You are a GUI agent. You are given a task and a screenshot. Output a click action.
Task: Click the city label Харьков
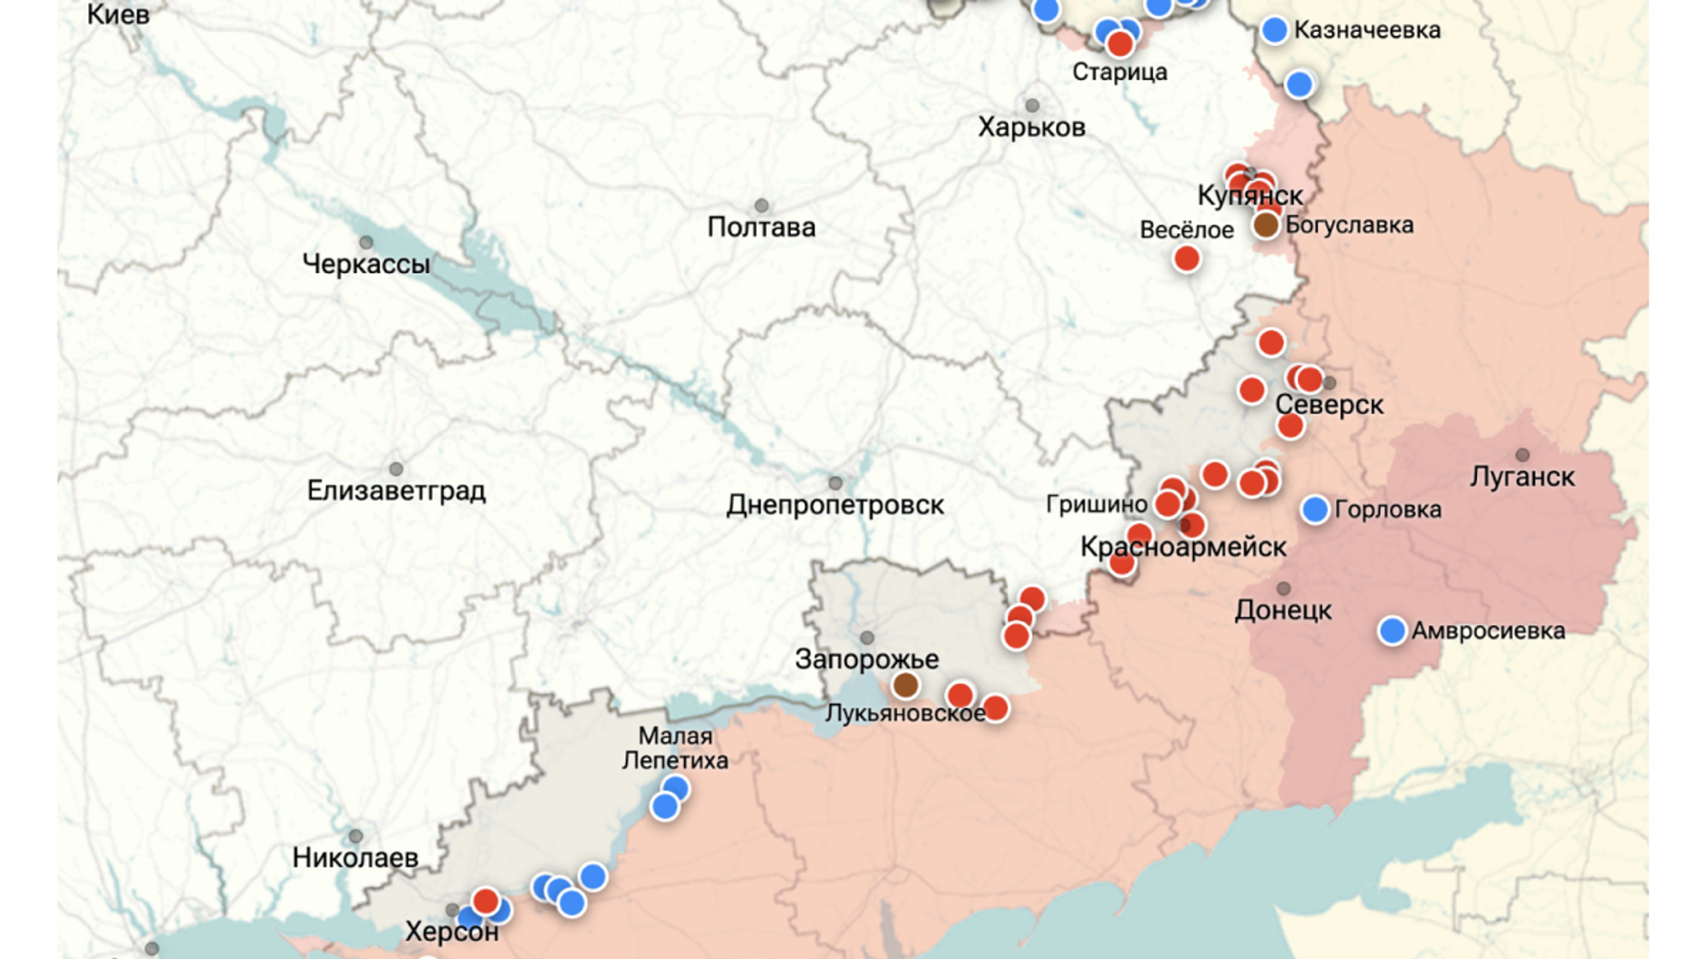click(1031, 127)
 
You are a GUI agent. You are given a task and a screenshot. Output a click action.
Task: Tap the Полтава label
click(761, 227)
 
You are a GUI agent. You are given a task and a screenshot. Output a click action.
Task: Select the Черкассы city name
click(366, 264)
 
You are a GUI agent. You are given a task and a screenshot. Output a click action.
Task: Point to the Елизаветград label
click(396, 491)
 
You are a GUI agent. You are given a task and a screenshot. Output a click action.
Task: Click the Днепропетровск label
click(835, 505)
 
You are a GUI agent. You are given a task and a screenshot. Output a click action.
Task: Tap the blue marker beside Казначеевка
click(1274, 30)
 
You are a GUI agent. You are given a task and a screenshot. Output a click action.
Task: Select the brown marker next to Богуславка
click(1266, 225)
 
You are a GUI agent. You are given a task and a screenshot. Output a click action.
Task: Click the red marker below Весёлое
click(1186, 259)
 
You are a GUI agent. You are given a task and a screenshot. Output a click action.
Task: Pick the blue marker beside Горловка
click(1314, 509)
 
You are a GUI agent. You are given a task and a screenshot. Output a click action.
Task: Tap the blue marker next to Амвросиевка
click(1391, 631)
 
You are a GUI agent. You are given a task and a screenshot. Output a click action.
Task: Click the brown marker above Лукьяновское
click(905, 684)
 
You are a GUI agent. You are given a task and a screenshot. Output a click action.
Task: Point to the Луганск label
click(1521, 477)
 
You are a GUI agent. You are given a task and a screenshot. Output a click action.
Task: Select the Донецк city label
click(1283, 610)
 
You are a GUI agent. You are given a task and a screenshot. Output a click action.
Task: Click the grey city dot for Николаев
click(355, 836)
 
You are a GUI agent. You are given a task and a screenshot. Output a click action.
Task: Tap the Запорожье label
click(866, 660)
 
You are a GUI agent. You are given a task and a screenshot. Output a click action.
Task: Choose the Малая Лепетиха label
click(675, 748)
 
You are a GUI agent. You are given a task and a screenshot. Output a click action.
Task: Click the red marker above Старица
click(1119, 44)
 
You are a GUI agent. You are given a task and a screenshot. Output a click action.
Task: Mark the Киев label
click(118, 14)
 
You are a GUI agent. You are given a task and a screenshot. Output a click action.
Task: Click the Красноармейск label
click(1183, 547)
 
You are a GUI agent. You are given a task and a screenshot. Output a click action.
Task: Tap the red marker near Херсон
click(485, 901)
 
